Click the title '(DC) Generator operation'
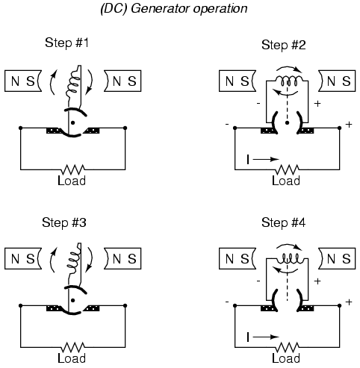[x=174, y=9]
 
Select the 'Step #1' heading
[x=66, y=43]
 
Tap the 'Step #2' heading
[x=284, y=45]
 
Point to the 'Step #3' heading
[x=64, y=222]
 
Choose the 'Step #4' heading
[x=283, y=222]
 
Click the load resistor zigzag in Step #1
[x=73, y=169]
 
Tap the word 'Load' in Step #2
[x=286, y=181]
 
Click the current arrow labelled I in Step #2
[x=266, y=159]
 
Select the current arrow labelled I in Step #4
[x=266, y=337]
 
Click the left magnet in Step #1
[x=23, y=81]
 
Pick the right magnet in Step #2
[x=337, y=81]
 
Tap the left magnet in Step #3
[x=23, y=258]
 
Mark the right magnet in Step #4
[x=337, y=258]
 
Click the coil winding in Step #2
[x=288, y=80]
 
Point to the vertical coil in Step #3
[x=74, y=259]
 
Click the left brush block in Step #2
[x=268, y=131]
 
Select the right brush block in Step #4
[x=306, y=308]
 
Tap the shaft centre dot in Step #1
[x=72, y=122]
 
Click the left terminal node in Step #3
[x=21, y=305]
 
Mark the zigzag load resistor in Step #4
[x=288, y=347]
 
